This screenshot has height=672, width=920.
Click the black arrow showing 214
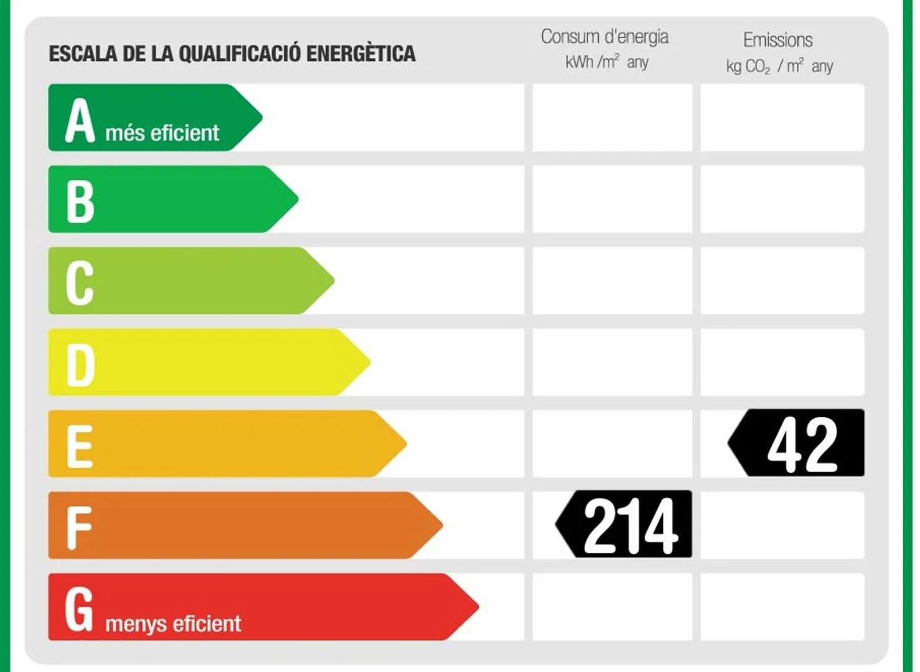click(x=624, y=524)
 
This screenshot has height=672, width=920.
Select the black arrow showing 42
click(x=796, y=442)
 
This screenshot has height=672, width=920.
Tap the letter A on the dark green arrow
click(x=80, y=121)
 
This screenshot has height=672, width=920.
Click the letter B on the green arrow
click(x=80, y=202)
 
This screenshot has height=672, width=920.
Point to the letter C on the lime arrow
click(x=80, y=283)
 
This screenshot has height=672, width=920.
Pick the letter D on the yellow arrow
click(x=80, y=365)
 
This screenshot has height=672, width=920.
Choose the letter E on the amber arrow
click(x=80, y=447)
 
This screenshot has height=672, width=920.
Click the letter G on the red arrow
click(x=79, y=609)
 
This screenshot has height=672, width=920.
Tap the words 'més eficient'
click(x=162, y=133)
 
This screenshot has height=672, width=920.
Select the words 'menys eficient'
click(x=173, y=624)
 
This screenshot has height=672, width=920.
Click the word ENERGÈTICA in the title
click(x=361, y=53)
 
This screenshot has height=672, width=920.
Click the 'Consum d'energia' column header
click(x=604, y=37)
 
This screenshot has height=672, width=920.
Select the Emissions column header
click(x=778, y=40)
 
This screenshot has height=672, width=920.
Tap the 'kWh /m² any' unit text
click(x=607, y=62)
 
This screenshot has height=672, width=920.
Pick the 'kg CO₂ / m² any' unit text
click(x=779, y=66)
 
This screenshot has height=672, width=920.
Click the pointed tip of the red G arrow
click(x=479, y=607)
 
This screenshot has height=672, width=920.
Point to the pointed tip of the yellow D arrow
click(x=370, y=362)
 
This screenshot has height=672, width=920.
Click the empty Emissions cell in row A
click(x=782, y=118)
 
